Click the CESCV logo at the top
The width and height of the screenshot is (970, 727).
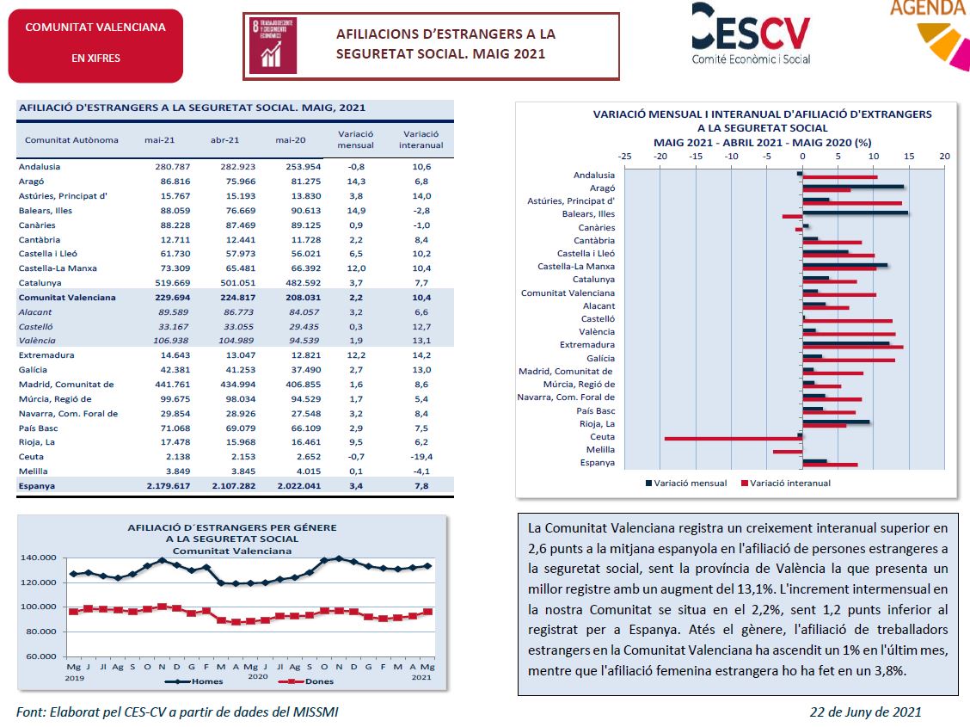751,34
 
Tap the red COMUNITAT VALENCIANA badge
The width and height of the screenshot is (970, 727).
95,46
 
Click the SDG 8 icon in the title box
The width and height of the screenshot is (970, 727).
273,45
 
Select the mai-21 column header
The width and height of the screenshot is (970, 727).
160,140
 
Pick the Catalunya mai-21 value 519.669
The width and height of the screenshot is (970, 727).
173,283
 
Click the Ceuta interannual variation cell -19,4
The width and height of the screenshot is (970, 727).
421,457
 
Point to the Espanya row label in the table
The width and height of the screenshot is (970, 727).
36,486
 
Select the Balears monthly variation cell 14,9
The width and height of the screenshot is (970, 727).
356,211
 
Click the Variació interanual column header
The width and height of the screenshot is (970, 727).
421,139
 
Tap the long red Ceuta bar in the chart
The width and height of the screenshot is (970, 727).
733,439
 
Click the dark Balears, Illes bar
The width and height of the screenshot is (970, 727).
855,213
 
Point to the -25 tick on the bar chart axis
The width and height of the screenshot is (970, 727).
625,156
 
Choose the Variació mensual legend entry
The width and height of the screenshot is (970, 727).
686,484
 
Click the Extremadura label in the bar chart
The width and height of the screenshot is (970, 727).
587,345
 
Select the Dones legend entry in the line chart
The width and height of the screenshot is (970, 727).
306,681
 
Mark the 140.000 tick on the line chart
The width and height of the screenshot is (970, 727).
39,558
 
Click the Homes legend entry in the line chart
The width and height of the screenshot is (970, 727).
193,681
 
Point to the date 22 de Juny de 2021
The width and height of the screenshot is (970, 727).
865,712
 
